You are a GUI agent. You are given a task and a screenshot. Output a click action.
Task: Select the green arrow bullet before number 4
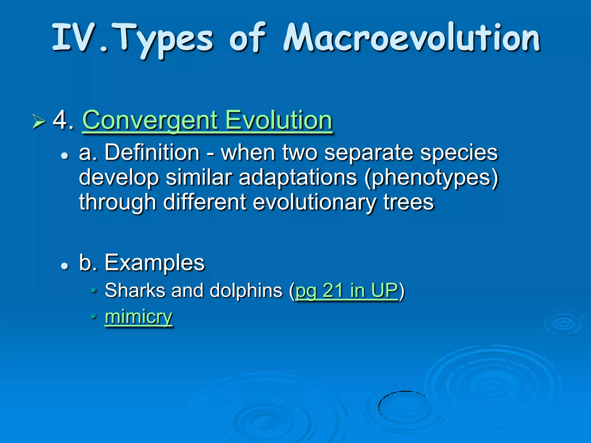click(38, 121)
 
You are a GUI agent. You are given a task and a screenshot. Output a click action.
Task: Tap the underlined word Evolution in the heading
click(278, 120)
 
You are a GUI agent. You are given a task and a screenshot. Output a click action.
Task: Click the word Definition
click(152, 152)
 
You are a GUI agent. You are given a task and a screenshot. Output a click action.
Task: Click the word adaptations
click(298, 177)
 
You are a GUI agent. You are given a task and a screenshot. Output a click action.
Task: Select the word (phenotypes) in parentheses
click(431, 177)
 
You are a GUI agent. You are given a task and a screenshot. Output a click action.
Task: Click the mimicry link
click(139, 317)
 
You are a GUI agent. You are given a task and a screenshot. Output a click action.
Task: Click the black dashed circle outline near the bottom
click(379, 407)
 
